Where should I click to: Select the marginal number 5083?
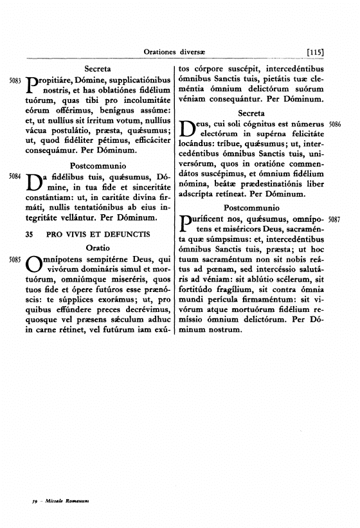pyautogui.click(x=14, y=82)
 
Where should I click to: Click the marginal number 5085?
pyautogui.click(x=14, y=259)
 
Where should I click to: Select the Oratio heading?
pyautogui.click(x=98, y=246)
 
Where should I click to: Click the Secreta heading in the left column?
pyautogui.click(x=98, y=67)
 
